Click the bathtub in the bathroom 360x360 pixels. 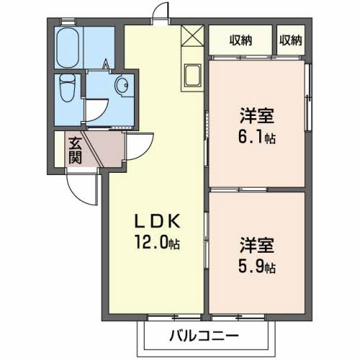(x=69, y=44)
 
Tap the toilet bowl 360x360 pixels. (x=67, y=89)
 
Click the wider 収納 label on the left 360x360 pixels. (x=240, y=40)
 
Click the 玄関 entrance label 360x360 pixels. (x=75, y=149)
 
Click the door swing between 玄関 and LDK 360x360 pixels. (x=138, y=147)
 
